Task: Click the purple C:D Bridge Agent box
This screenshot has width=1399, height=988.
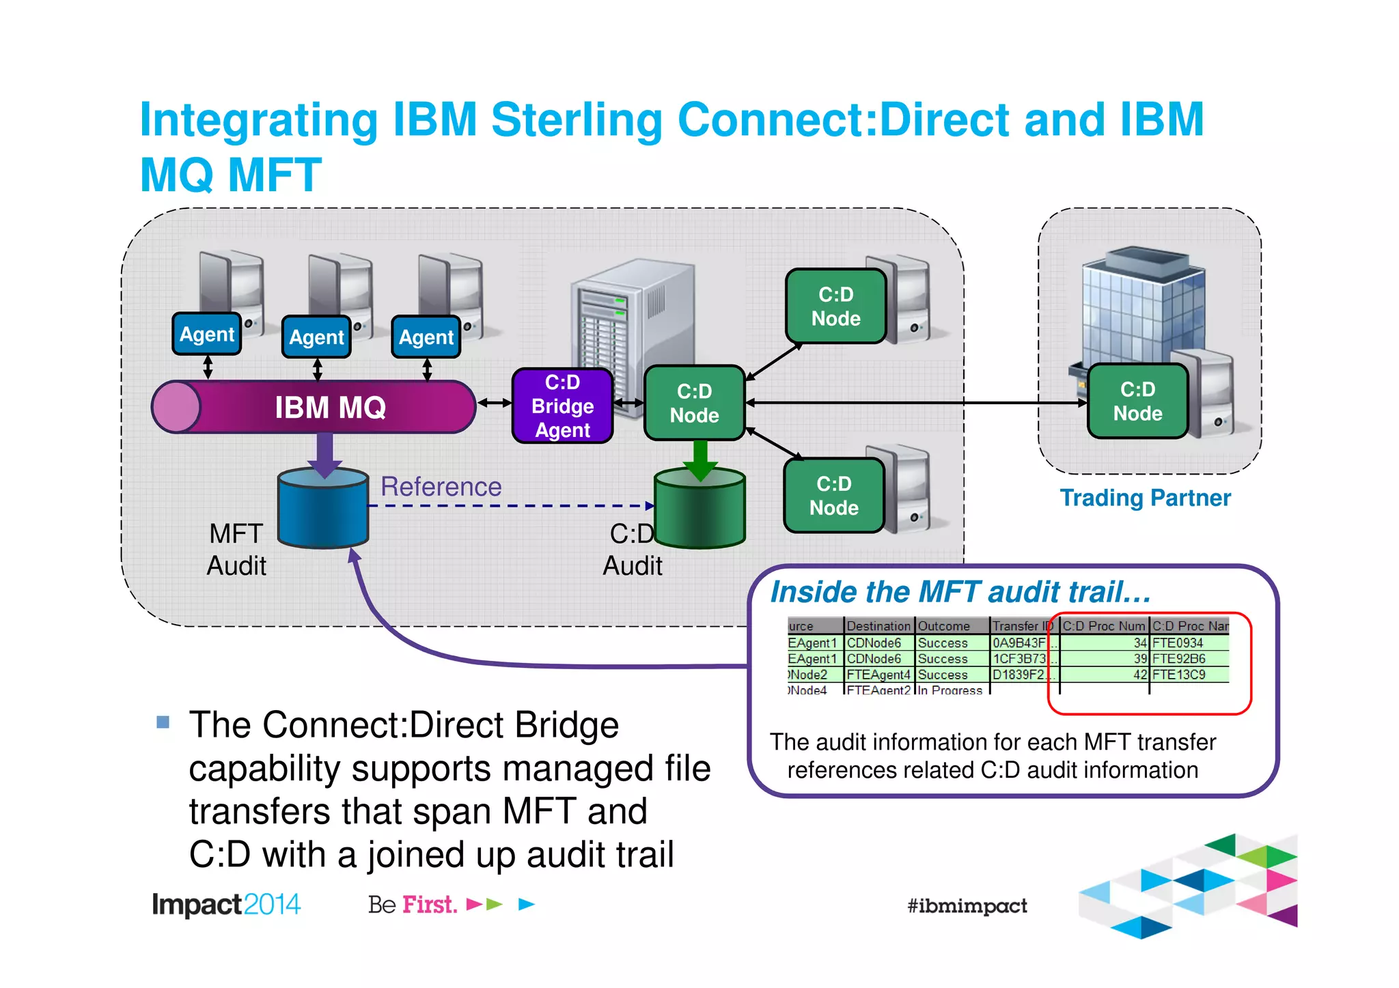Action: [x=562, y=406]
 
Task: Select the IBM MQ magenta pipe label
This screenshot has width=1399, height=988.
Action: [x=330, y=408]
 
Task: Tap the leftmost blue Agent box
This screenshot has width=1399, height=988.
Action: [x=207, y=334]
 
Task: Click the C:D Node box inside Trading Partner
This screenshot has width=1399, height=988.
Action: [x=1137, y=401]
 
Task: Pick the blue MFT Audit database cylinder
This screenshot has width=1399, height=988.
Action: [x=323, y=509]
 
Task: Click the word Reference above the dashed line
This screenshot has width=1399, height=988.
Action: [x=441, y=486]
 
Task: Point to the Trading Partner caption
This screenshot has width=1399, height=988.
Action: [x=1145, y=498]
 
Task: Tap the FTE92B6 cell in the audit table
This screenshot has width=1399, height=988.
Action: [x=1180, y=659]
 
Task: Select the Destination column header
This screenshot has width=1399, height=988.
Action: [x=878, y=626]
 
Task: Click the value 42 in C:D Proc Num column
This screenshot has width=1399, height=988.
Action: [x=1140, y=675]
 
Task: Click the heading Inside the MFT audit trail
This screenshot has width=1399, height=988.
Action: [x=960, y=592]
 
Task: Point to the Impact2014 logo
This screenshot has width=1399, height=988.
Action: [x=226, y=905]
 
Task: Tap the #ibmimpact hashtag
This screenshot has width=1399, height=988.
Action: [x=967, y=906]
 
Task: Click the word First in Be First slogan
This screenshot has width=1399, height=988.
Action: [x=429, y=905]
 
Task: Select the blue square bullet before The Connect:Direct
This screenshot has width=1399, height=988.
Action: [x=163, y=722]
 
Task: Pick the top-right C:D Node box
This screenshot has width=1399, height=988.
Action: [x=835, y=307]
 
